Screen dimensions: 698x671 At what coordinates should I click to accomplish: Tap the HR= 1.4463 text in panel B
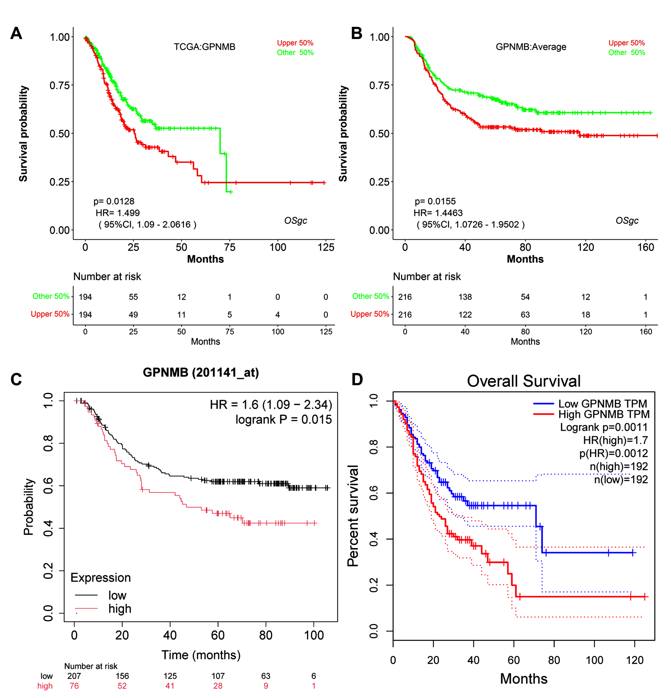coord(438,213)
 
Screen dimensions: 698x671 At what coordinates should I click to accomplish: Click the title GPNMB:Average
coord(531,47)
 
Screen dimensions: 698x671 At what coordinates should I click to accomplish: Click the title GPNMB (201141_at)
coord(201,372)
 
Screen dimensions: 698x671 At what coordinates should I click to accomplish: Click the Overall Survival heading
coord(524,381)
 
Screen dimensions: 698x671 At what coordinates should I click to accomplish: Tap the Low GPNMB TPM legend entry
coord(602,404)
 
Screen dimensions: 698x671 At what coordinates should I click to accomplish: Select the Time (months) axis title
coord(201,655)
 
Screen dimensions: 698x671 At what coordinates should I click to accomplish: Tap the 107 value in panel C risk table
coord(218,676)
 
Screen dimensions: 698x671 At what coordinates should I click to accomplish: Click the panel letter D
coord(357,380)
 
